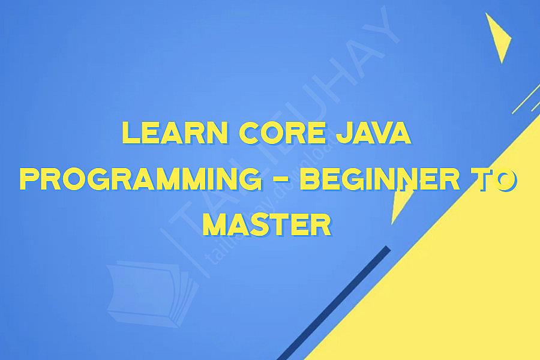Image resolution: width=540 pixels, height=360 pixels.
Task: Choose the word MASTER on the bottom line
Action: click(x=267, y=224)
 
